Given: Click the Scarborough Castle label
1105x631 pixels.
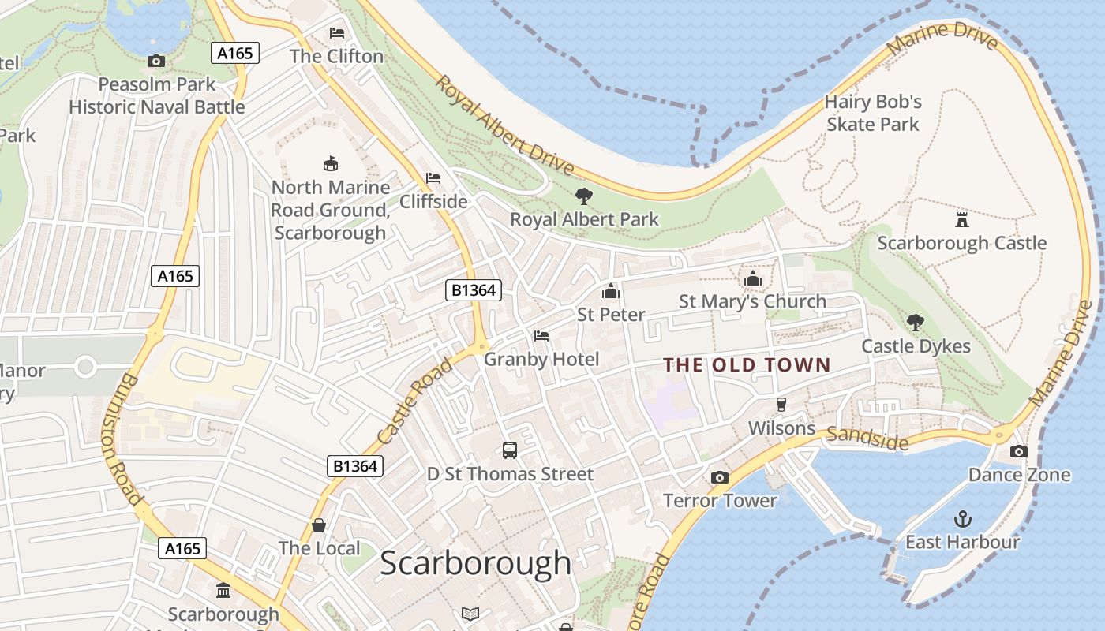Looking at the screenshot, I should point(961,243).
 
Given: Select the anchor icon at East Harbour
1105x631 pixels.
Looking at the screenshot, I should point(962,518).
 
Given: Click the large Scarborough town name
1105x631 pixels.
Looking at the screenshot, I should point(475,563).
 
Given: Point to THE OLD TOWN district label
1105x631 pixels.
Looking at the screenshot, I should point(747,364).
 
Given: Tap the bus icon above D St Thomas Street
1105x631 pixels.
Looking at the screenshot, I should point(510,450).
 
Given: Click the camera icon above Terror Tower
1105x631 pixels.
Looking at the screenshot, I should point(719,477).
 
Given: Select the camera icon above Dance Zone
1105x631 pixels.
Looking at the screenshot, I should point(1019,451).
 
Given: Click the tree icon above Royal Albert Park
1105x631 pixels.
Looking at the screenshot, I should point(584,196).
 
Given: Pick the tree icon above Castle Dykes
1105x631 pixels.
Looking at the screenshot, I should point(916,322).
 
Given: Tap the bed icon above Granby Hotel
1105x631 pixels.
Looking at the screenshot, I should point(541,336).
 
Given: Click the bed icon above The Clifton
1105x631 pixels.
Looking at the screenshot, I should point(337,33).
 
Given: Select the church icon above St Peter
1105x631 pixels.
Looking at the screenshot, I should point(610,291).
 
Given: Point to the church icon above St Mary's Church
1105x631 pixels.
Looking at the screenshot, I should point(752,278).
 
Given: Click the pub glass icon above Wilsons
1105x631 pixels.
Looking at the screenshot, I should point(781,404).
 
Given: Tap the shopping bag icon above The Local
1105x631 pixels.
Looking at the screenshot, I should point(319,525).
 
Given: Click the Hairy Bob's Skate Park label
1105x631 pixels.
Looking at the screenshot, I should point(873,113).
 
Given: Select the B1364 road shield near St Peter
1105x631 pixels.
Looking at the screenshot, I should point(474,290).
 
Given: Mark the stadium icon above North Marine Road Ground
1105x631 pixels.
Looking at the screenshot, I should point(331,163).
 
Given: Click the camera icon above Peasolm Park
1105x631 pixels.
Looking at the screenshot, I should point(156,61).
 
